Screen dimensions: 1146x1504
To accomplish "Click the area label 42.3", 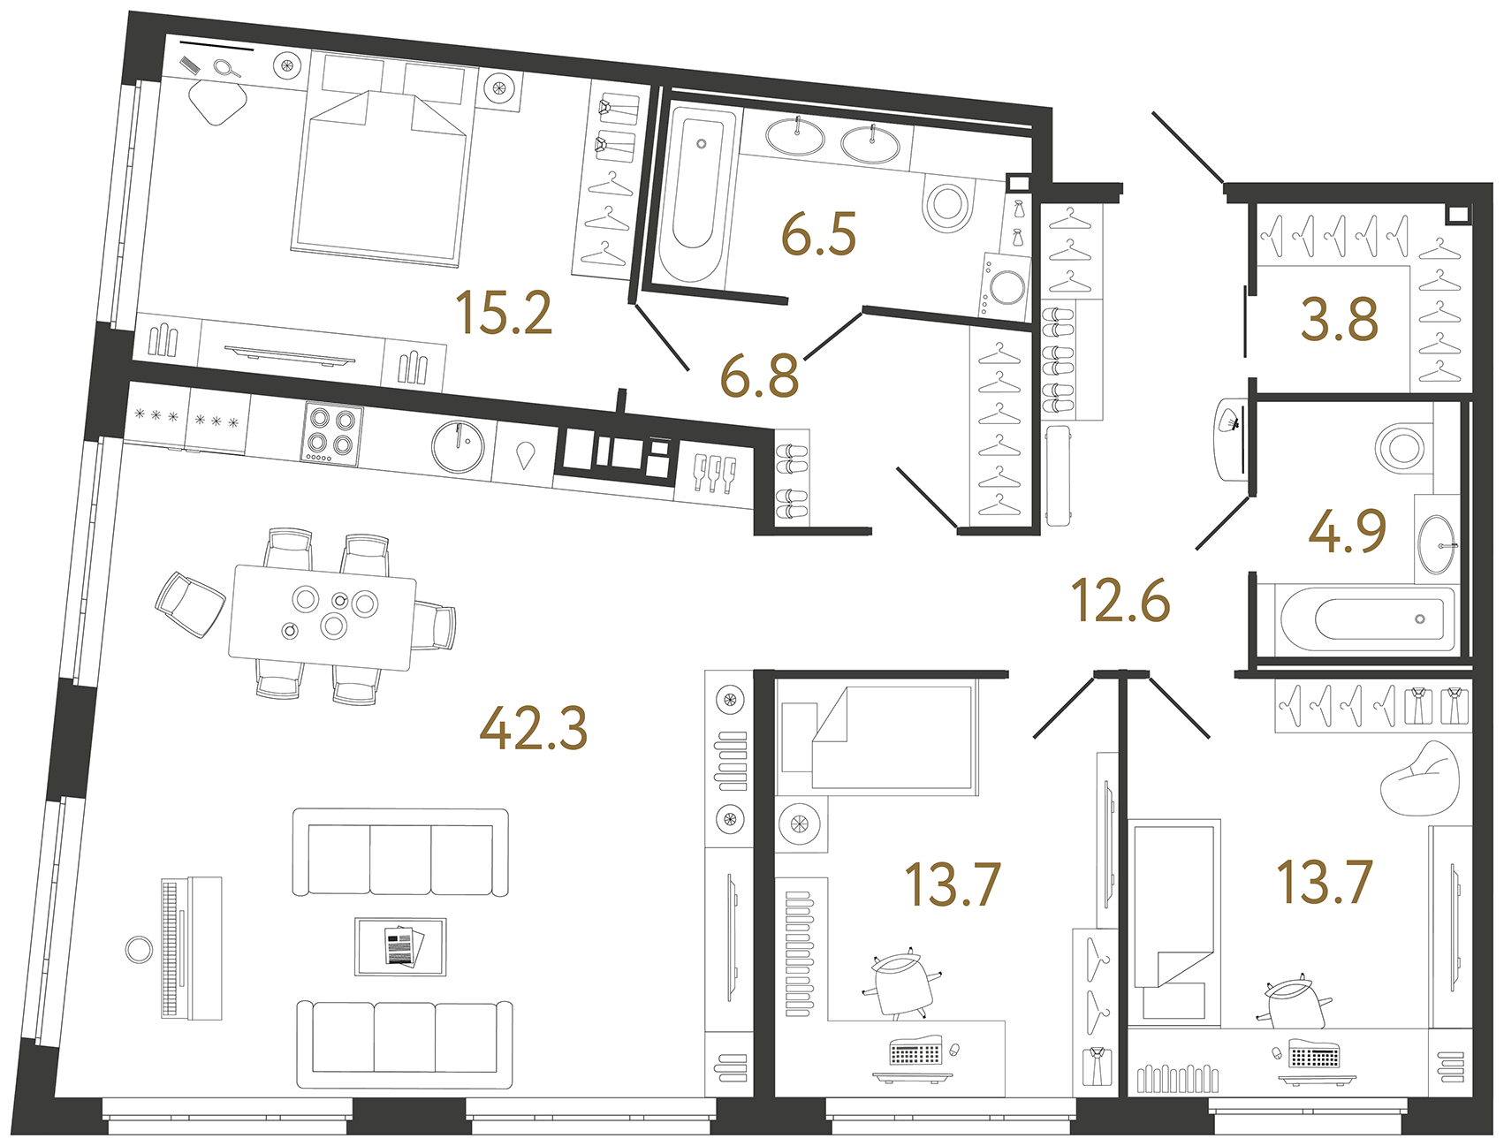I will coord(533,730).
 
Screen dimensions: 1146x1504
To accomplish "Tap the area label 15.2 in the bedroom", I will coord(504,313).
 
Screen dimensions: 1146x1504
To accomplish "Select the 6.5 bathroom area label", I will coord(818,235).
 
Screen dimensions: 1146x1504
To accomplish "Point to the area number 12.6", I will coord(1120,601).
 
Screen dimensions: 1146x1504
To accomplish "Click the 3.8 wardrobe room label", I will coord(1339,320).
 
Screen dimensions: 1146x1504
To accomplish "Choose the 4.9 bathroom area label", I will coord(1347,532).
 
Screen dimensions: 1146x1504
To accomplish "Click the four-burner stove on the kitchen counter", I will coord(332,433).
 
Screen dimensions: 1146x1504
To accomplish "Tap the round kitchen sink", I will coord(459,445).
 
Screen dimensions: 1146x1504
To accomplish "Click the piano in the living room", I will coord(191,948).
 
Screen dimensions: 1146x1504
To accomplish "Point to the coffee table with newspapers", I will coord(400,946).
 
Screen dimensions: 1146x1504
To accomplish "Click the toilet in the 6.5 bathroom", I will coord(947,202).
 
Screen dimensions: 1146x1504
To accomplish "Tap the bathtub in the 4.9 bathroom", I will coord(1366,619).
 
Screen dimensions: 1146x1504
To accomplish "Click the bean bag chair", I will coord(1419,778).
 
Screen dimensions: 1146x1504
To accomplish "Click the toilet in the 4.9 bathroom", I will coord(1402,446).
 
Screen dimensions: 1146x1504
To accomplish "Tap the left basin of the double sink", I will coord(794,137).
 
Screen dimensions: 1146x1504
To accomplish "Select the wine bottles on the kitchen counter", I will coord(714,472).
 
